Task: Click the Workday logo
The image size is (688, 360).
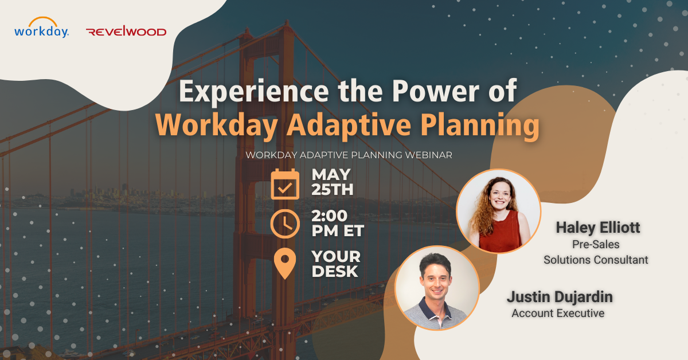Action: pos(41,28)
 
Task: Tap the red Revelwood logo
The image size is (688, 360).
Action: pos(126,31)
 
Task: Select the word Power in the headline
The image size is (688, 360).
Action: pos(436,91)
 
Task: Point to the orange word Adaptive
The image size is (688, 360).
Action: pos(349,126)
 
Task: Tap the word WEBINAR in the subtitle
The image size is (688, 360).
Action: pos(428,155)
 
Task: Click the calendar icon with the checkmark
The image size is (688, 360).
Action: pos(285,184)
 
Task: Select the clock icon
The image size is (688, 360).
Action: pos(285,224)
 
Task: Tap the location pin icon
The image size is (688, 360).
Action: pos(285,263)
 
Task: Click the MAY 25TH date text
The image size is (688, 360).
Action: pos(333,182)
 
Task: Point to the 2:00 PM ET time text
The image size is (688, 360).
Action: pos(338,224)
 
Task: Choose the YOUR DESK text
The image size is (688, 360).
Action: pos(336,264)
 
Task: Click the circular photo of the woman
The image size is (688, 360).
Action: pos(498,211)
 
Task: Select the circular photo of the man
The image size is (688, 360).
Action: pos(437,288)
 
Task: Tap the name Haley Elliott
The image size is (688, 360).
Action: pos(597,228)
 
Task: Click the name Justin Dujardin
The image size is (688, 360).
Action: pos(560,297)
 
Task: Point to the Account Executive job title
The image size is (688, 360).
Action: pos(558,314)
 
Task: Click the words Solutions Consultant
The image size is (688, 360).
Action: pos(596,260)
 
